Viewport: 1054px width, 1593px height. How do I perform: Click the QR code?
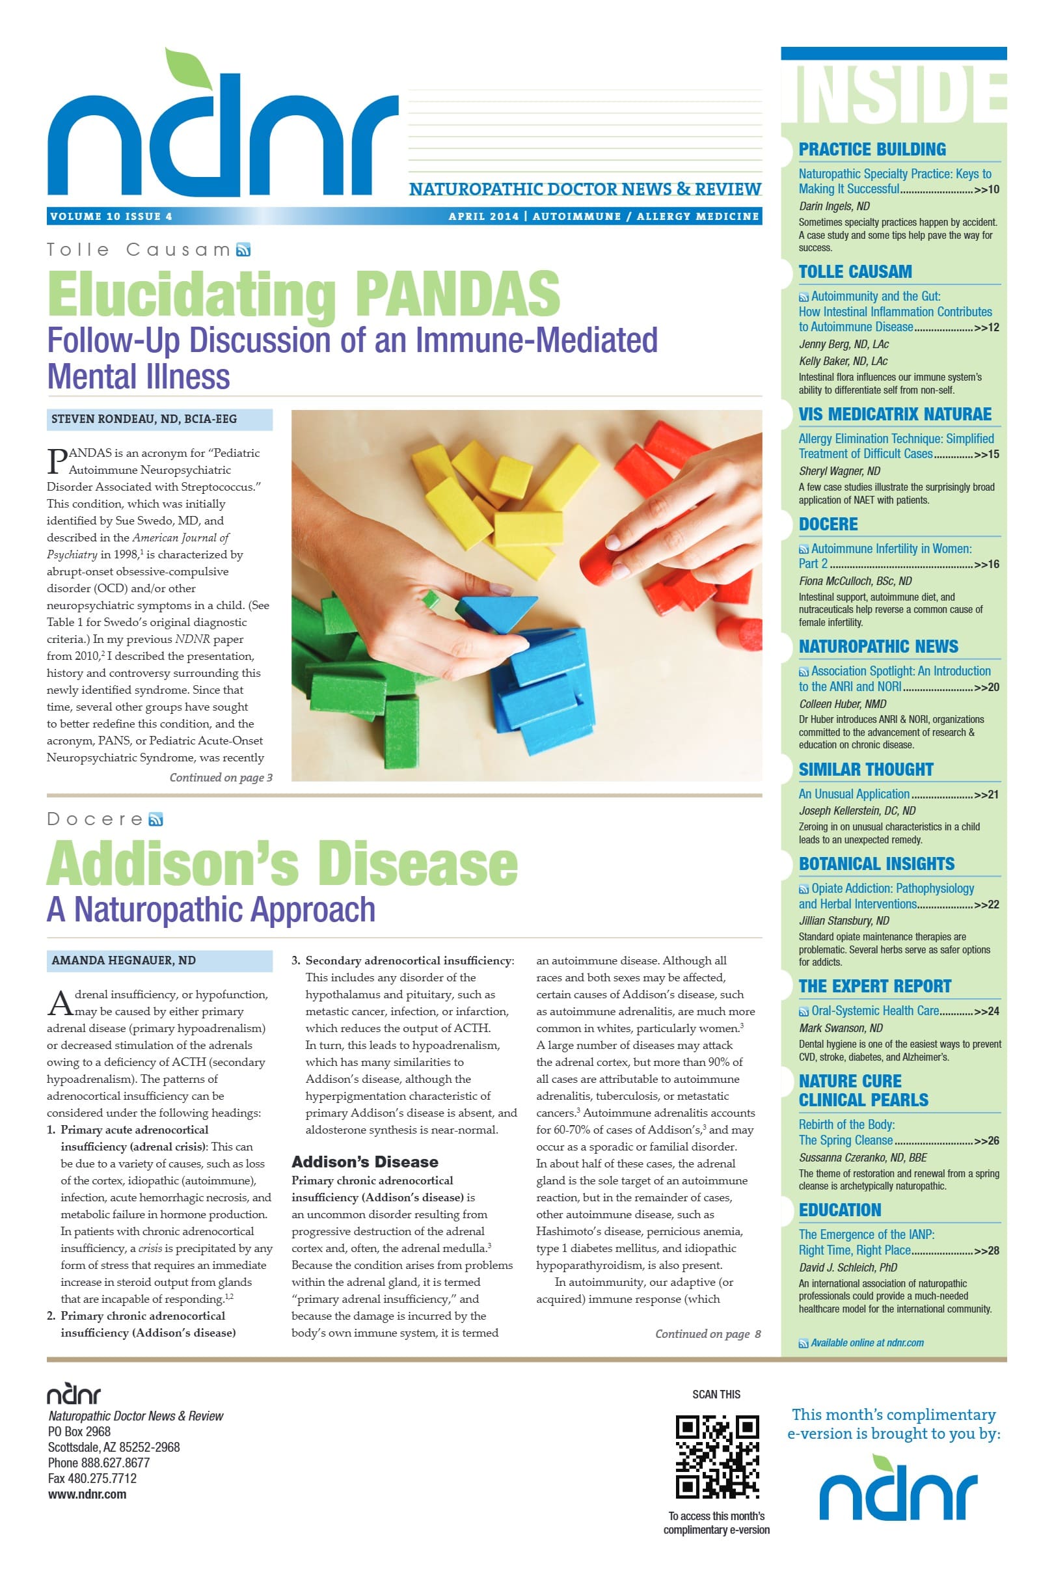tap(716, 1456)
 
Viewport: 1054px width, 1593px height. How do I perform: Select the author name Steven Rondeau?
tap(144, 420)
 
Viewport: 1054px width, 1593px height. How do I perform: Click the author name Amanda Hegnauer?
tap(124, 960)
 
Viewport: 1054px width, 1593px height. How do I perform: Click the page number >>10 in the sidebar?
tap(986, 189)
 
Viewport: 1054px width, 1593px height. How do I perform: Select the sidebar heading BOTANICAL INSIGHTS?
tap(876, 864)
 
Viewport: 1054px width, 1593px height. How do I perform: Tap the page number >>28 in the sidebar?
tap(986, 1251)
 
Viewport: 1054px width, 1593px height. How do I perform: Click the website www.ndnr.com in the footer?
tap(87, 1494)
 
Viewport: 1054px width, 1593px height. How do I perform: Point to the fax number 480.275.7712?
tap(92, 1478)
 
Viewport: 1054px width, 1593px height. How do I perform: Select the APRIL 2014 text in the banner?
tap(483, 217)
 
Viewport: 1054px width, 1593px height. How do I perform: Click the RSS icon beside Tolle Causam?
tap(243, 250)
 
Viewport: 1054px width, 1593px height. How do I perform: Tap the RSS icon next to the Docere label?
tap(156, 819)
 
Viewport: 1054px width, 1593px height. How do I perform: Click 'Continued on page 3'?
tap(221, 778)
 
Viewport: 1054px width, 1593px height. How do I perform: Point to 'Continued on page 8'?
tap(707, 1333)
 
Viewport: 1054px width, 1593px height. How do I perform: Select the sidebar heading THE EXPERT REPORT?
tap(874, 986)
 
